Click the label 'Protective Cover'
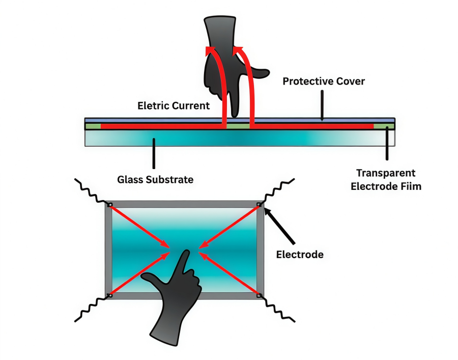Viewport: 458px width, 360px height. [x=324, y=81]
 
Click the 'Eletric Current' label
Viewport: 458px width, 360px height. [x=174, y=106]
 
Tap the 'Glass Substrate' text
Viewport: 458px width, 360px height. [x=155, y=179]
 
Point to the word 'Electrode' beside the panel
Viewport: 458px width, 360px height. [x=299, y=254]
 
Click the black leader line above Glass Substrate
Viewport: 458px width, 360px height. [x=154, y=155]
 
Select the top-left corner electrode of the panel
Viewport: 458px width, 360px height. [x=109, y=205]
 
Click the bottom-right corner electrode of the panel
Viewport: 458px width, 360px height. [x=260, y=295]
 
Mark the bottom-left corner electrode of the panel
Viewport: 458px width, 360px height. [x=109, y=295]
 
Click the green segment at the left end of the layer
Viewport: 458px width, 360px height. [x=93, y=126]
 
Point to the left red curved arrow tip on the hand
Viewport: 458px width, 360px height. [x=209, y=50]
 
